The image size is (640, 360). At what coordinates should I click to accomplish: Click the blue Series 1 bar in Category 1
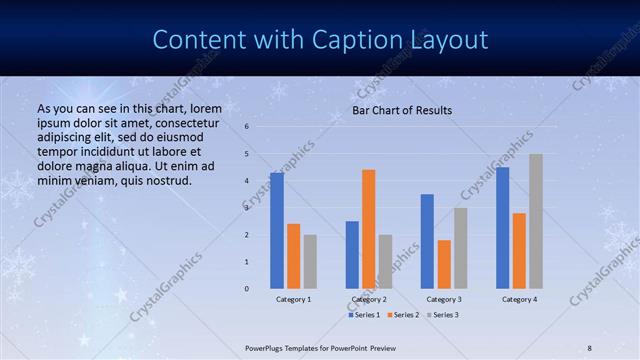pos(277,231)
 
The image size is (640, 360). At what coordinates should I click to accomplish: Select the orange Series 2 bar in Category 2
pos(368,229)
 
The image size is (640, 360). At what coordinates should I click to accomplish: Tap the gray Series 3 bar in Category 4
pos(536,221)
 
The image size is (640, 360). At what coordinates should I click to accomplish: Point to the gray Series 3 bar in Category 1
pos(310,262)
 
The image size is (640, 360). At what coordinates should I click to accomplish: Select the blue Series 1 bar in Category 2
pos(352,255)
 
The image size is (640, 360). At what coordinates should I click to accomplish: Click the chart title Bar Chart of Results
pos(402,110)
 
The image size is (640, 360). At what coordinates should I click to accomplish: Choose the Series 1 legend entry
pos(366,315)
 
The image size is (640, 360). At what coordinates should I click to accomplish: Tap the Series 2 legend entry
pos(403,315)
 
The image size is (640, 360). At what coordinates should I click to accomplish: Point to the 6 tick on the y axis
pos(247,127)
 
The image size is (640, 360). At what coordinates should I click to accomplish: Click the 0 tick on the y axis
pos(247,289)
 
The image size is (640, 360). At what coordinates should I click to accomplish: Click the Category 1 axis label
pos(293,299)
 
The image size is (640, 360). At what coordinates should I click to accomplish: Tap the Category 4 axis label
pos(519,299)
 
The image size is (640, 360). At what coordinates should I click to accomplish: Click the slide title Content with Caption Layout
pos(320,40)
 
